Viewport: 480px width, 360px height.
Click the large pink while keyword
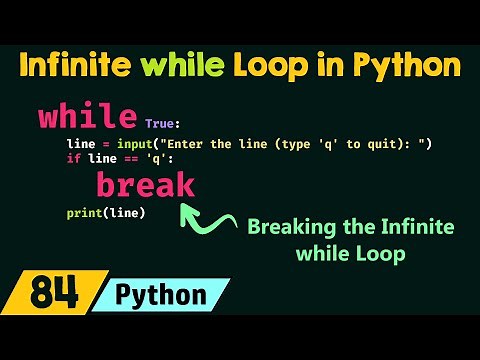[87, 116]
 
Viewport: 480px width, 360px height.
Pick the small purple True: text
[164, 123]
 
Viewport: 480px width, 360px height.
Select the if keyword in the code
[72, 158]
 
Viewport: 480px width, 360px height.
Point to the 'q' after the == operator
[147, 158]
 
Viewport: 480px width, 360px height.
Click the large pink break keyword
[146, 185]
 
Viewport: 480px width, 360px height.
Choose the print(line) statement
[106, 213]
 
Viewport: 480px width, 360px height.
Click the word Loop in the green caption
[384, 254]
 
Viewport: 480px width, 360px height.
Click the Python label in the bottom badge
[161, 295]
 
